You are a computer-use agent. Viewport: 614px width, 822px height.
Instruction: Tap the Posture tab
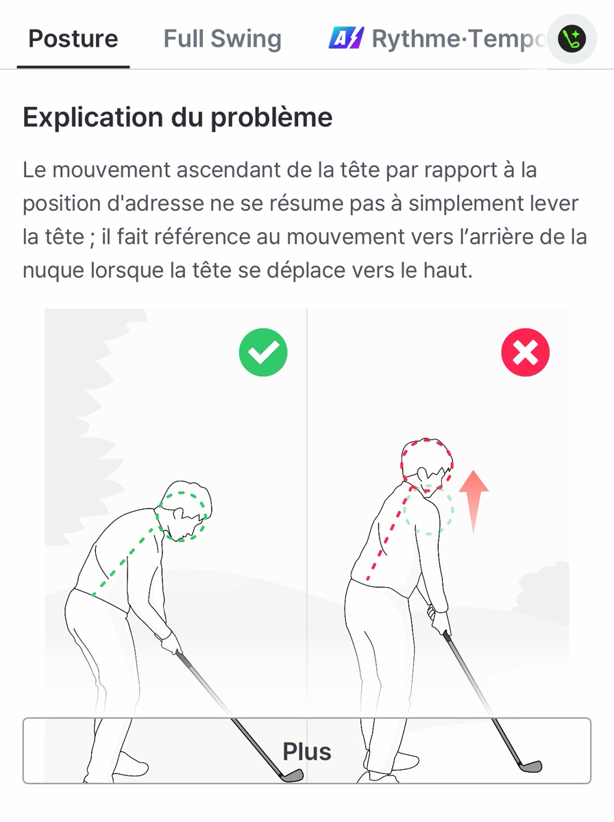tap(73, 38)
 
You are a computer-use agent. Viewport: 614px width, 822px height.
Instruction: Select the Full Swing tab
tap(223, 38)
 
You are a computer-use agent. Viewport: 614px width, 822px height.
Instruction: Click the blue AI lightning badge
tap(346, 38)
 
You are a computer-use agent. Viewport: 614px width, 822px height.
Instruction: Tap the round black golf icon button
tap(572, 38)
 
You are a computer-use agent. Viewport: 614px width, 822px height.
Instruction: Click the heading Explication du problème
tap(177, 117)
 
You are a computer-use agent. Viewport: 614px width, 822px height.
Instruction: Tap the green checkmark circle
tap(263, 352)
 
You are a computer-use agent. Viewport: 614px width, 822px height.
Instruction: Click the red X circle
tap(525, 352)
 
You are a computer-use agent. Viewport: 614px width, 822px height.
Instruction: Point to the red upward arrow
tap(474, 501)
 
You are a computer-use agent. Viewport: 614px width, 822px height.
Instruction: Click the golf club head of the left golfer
tap(292, 775)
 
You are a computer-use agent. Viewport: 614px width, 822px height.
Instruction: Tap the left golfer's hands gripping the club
tap(171, 643)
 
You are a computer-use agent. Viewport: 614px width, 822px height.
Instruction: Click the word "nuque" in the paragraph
tap(53, 271)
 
